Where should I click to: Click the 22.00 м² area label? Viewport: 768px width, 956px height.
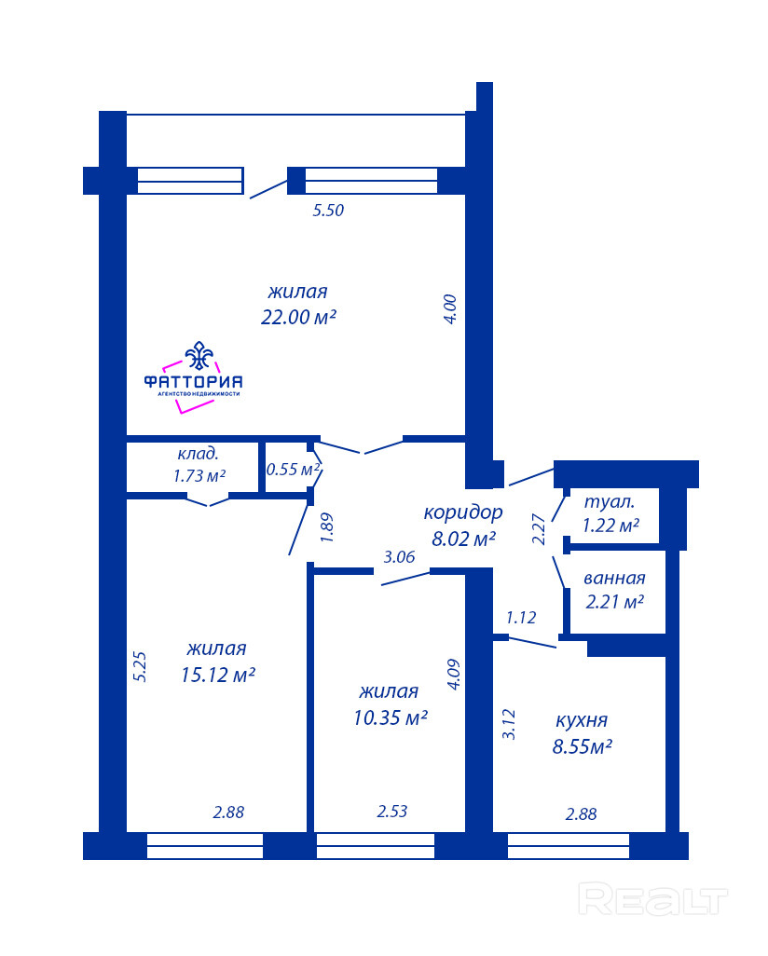(298, 318)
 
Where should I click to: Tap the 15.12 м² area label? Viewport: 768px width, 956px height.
(218, 675)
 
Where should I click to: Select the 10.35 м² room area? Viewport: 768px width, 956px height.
(391, 717)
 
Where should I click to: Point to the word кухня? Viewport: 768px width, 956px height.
(582, 720)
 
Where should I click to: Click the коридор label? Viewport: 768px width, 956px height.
(463, 512)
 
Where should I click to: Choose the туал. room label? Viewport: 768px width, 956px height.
(610, 502)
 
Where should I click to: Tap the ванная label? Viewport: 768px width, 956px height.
(614, 578)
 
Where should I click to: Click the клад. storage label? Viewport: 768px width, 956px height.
(198, 454)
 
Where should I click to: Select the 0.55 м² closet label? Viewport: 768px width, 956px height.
(294, 469)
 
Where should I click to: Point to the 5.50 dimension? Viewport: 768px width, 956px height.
(328, 211)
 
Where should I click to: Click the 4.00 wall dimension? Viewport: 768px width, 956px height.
(449, 309)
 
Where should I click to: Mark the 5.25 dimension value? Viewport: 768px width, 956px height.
(140, 666)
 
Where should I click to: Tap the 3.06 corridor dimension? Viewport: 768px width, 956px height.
(399, 556)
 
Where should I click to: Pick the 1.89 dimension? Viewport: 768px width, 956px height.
(327, 528)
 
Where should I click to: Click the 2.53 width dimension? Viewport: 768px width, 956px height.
(391, 812)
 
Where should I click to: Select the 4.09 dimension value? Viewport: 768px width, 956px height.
(453, 675)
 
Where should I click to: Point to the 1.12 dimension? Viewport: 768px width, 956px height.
(521, 618)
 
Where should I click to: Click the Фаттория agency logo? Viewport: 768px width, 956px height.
(193, 377)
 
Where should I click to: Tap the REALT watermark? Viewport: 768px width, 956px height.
(652, 899)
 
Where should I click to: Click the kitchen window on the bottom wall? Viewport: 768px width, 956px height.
(568, 846)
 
